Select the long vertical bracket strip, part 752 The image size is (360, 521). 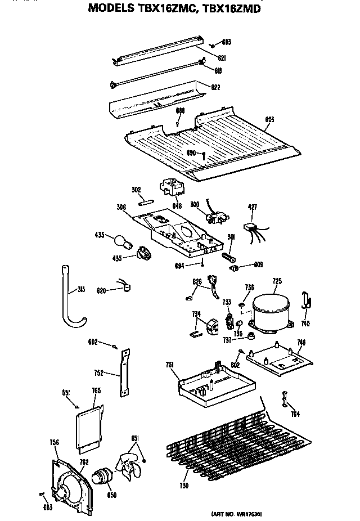click(124, 371)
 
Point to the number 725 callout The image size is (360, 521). click(277, 280)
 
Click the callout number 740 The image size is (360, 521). click(305, 324)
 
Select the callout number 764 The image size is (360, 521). click(296, 414)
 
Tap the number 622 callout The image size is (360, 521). click(215, 87)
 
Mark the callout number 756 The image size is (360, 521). click(55, 443)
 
